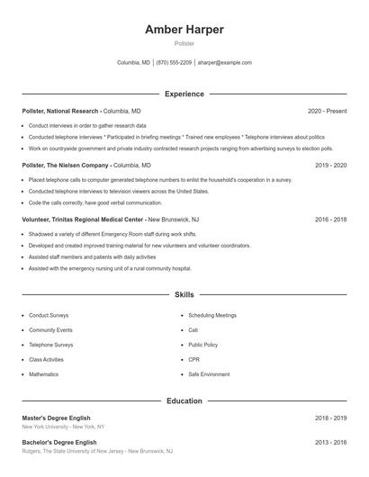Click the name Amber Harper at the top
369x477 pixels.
(184, 30)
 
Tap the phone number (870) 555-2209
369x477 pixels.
(174, 63)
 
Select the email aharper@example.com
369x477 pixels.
(225, 63)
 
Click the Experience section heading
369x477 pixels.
(184, 94)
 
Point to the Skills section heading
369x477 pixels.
(184, 294)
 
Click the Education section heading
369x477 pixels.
(184, 400)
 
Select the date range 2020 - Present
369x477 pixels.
(327, 111)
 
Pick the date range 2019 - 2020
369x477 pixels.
(330, 166)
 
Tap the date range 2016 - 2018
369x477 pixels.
(330, 219)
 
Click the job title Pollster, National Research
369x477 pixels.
(60, 111)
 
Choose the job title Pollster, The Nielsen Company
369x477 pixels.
(66, 166)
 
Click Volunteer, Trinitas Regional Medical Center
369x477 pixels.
(82, 219)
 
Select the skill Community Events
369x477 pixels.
(50, 330)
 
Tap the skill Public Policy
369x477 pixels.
(202, 345)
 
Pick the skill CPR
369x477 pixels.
(193, 359)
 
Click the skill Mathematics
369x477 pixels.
(43, 373)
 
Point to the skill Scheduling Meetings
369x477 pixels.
(212, 316)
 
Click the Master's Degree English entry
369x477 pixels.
(57, 418)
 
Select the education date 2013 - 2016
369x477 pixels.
(330, 443)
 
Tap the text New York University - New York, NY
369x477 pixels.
(63, 427)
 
